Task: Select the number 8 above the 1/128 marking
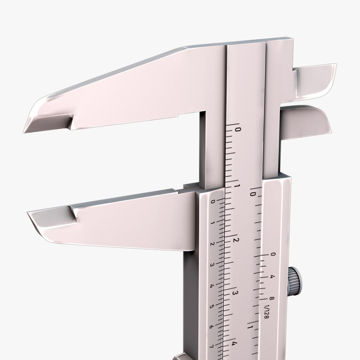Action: click(x=272, y=299)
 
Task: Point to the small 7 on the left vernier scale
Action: click(x=211, y=347)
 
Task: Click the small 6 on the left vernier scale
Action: click(x=211, y=327)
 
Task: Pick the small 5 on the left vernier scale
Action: click(x=211, y=307)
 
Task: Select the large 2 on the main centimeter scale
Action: click(x=235, y=240)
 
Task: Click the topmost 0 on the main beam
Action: click(x=238, y=129)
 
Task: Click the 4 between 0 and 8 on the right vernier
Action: click(x=272, y=277)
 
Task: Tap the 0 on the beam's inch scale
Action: click(x=253, y=193)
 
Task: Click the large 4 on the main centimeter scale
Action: click(x=235, y=345)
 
